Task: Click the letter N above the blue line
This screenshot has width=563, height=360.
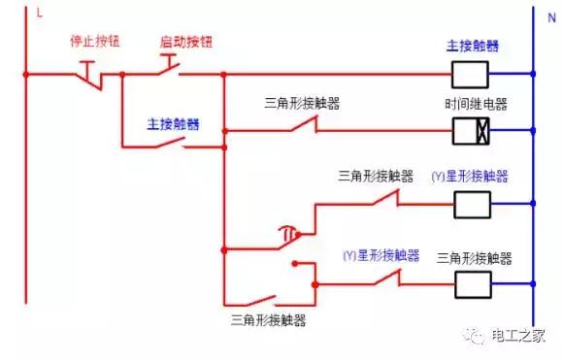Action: [551, 17]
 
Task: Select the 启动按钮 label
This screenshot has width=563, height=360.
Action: [185, 43]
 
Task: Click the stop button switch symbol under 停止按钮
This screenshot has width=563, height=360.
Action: [89, 72]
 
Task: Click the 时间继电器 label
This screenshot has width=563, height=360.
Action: [476, 104]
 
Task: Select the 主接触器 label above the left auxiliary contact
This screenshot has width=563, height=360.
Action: [174, 124]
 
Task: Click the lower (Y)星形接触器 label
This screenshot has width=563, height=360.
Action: [381, 255]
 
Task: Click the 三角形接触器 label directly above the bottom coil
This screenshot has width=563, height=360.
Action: [475, 258]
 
